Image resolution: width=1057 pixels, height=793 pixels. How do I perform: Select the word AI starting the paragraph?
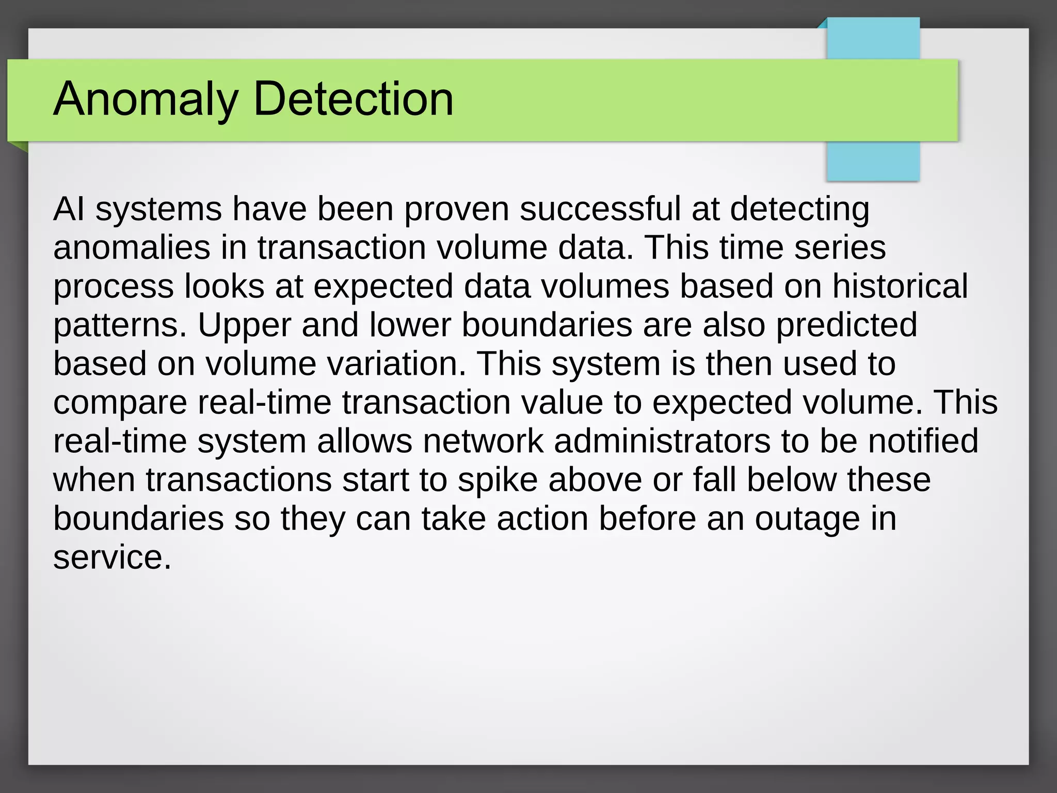pos(69,209)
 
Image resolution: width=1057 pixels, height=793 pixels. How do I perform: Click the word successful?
pos(600,209)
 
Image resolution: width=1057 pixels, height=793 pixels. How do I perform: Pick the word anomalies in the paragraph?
pos(132,248)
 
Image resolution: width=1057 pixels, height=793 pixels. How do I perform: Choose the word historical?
pos(900,287)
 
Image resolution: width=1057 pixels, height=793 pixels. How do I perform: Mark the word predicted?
pos(846,325)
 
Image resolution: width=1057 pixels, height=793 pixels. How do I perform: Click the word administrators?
pos(662,441)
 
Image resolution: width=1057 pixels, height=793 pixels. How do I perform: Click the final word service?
pos(112,558)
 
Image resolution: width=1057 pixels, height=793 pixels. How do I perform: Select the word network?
pos(483,441)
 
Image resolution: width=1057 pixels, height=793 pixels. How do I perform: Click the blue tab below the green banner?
pos(873,161)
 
